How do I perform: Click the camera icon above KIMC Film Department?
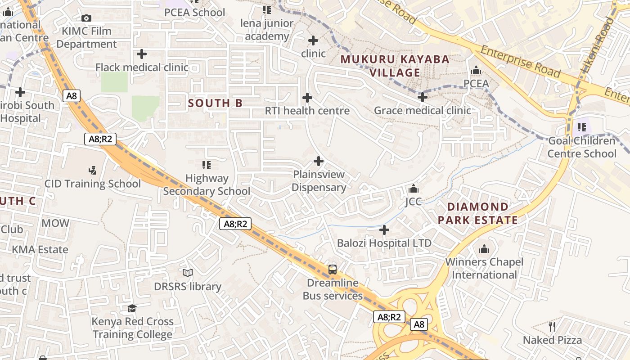(x=86, y=18)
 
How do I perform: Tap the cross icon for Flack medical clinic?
(x=142, y=54)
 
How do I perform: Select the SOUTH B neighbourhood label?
(x=215, y=103)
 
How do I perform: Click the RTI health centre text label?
(x=307, y=111)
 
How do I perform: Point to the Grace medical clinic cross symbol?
(x=422, y=97)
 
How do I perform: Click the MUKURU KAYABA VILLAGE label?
(x=395, y=66)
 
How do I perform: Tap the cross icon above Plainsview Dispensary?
(x=319, y=161)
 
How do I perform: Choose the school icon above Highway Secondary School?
(x=207, y=165)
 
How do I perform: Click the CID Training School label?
(x=92, y=184)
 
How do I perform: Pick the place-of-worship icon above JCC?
(x=413, y=189)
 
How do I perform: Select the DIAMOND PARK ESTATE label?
(x=478, y=213)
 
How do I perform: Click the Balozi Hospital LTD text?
(x=384, y=243)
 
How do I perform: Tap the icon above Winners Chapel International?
(x=484, y=248)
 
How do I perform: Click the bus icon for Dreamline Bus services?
(x=333, y=270)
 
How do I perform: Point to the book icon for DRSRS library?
(x=188, y=273)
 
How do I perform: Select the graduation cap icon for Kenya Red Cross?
(x=132, y=308)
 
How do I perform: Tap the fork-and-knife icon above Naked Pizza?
(x=552, y=326)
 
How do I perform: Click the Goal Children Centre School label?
(x=581, y=147)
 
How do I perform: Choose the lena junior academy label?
(x=267, y=30)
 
